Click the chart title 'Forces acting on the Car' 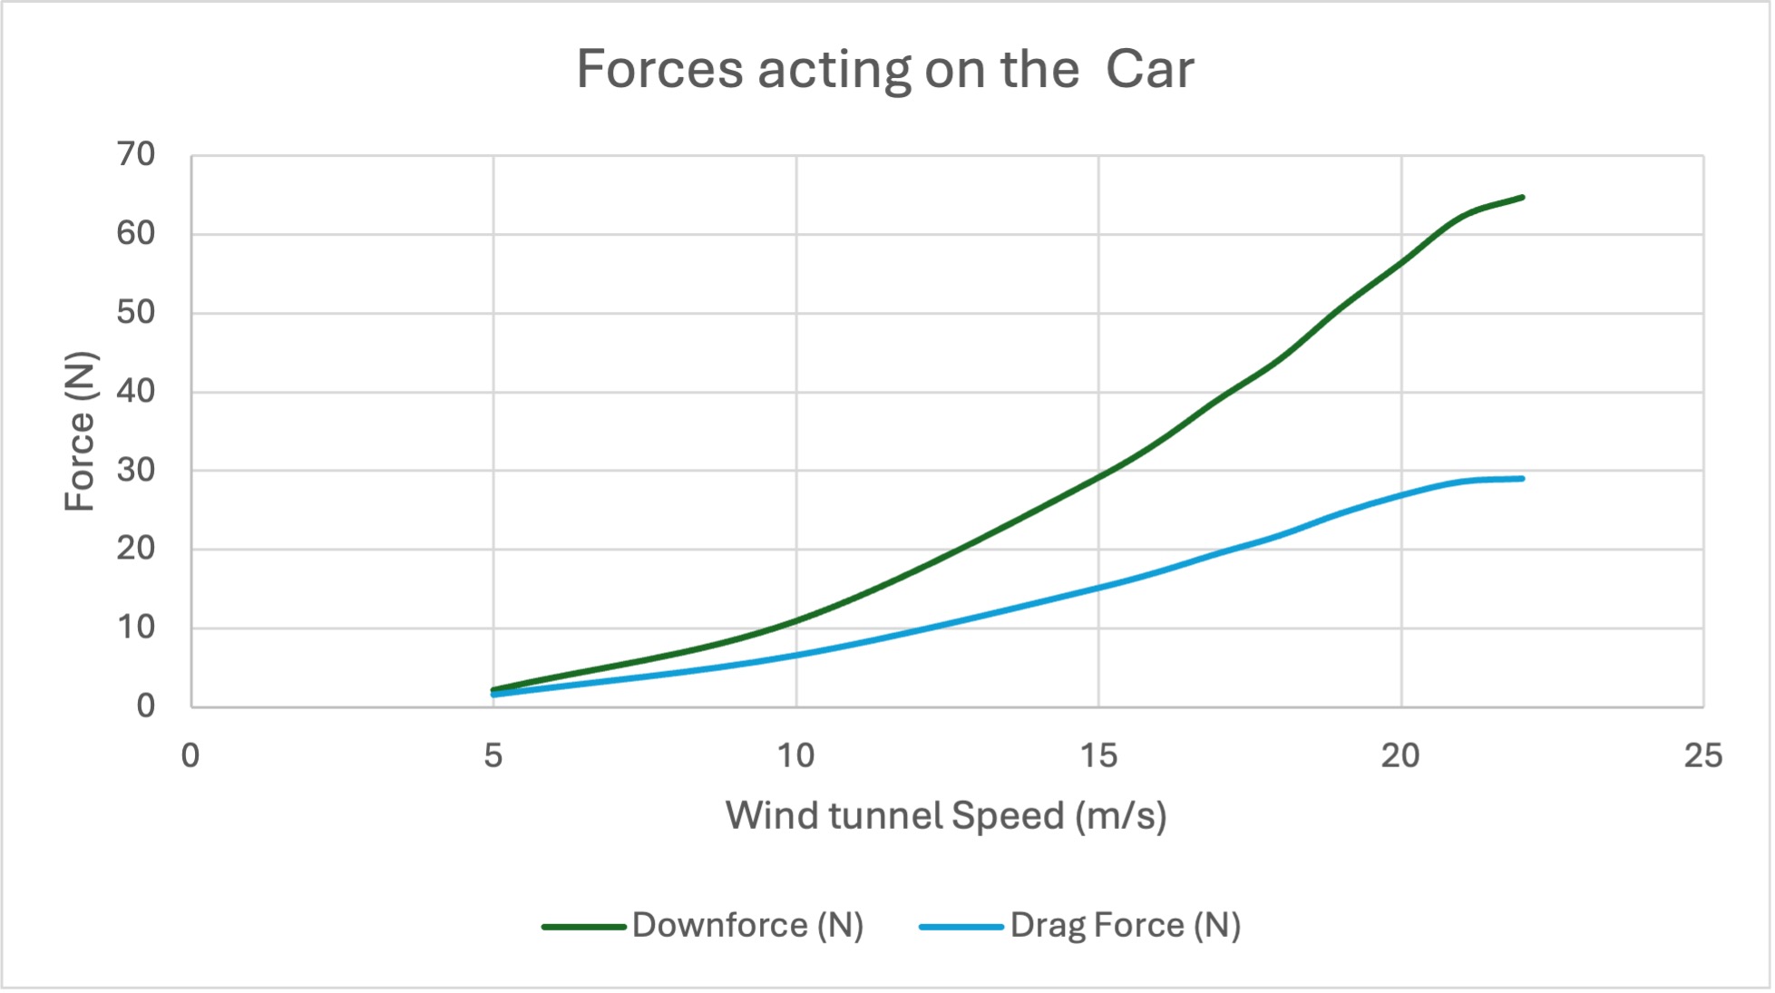pos(885,69)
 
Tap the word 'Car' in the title pos(1149,69)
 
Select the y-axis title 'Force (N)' pos(80,431)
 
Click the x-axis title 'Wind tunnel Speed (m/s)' pos(946,815)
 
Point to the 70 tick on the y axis pos(136,155)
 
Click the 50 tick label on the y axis pos(136,313)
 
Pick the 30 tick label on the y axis pos(136,471)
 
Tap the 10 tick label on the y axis pos(136,628)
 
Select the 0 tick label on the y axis pos(145,706)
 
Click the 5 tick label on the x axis pos(493,755)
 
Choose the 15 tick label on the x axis pos(1098,755)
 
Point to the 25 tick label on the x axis pos(1702,755)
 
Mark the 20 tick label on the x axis pos(1400,755)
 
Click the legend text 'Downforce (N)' pos(747,925)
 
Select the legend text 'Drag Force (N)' pos(1125,925)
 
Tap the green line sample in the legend pos(584,927)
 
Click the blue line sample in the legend pos(961,927)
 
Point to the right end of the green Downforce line pos(1522,197)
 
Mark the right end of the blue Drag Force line pos(1522,478)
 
